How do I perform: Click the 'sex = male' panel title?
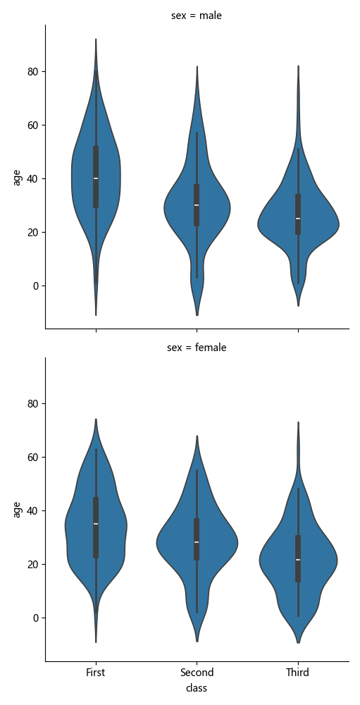(x=197, y=16)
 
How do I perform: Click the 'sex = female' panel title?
(x=197, y=348)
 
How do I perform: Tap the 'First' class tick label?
(x=96, y=673)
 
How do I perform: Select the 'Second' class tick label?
(x=197, y=673)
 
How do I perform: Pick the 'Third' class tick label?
(x=297, y=673)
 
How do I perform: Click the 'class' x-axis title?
(x=197, y=688)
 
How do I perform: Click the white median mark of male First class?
(x=96, y=178)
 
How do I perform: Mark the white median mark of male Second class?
(x=197, y=205)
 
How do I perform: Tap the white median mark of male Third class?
(x=297, y=219)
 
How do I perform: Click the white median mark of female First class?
(x=96, y=524)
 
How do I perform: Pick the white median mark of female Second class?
(x=197, y=542)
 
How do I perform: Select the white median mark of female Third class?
(x=297, y=560)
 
